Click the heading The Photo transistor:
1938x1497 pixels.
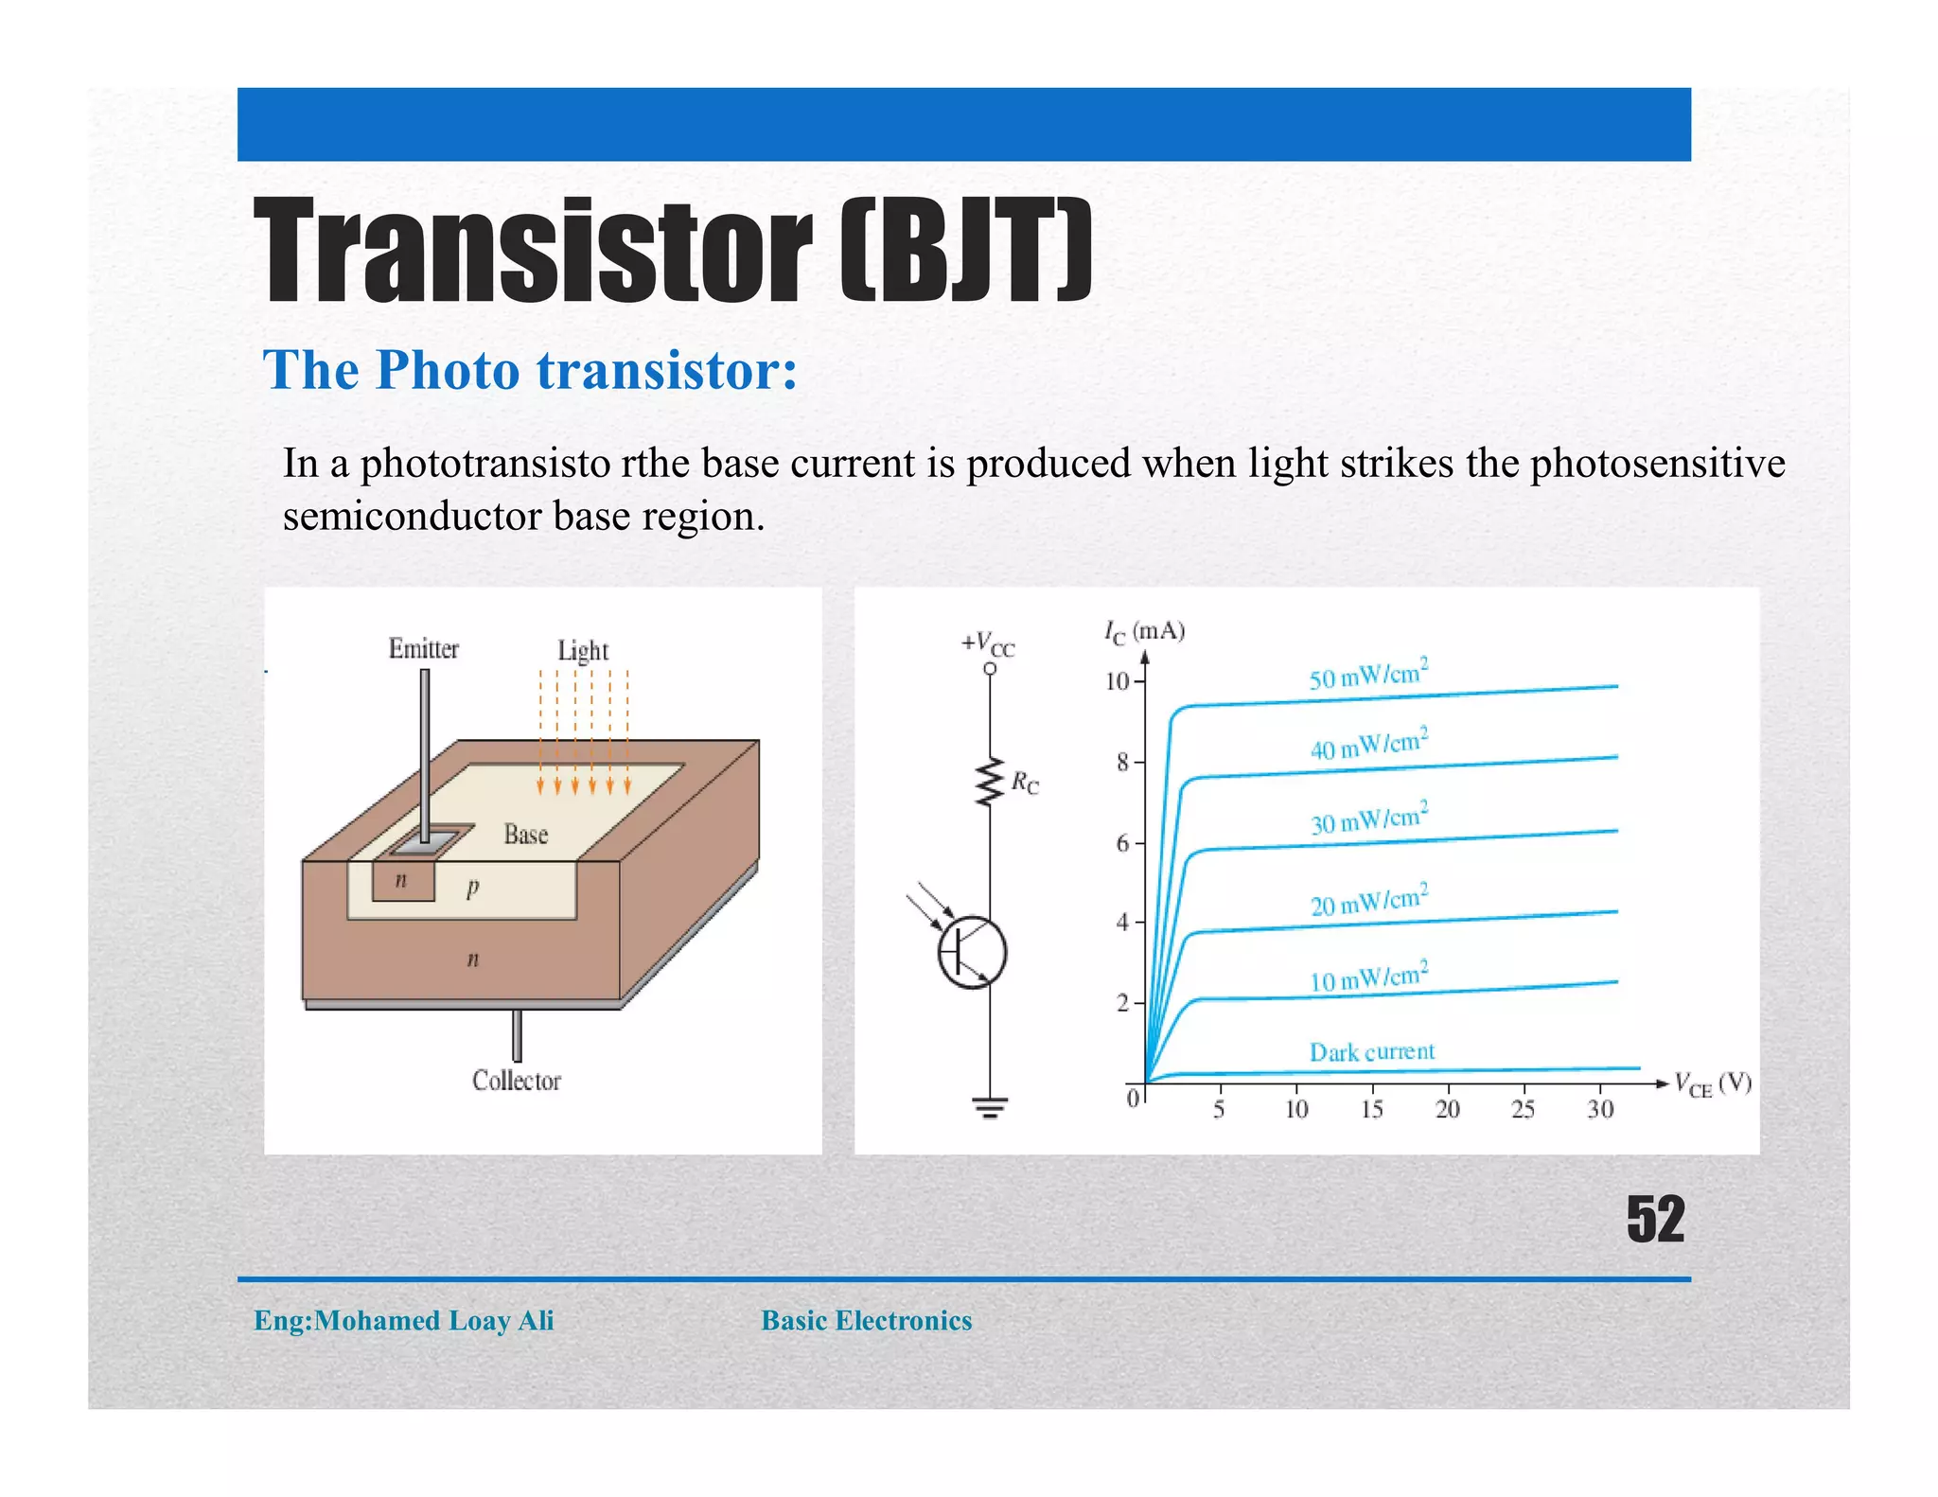(530, 370)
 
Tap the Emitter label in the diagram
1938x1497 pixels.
(423, 649)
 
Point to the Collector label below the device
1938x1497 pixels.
(516, 1081)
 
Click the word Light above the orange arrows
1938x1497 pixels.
(582, 651)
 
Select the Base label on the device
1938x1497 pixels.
(525, 835)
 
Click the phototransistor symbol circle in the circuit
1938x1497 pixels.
(972, 953)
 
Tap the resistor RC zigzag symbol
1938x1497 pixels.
(990, 782)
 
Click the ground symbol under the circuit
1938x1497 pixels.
(990, 1107)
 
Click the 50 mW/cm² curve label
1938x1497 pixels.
(1367, 674)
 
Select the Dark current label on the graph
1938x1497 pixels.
(1371, 1052)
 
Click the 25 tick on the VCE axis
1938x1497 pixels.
(1522, 1109)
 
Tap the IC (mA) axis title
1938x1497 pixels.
(1144, 632)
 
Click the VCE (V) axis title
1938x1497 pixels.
(1712, 1084)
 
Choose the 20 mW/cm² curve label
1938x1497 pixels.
(1368, 902)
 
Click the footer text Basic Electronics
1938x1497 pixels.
(866, 1321)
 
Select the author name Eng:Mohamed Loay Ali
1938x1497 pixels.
(403, 1321)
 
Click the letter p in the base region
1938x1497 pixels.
(472, 888)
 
